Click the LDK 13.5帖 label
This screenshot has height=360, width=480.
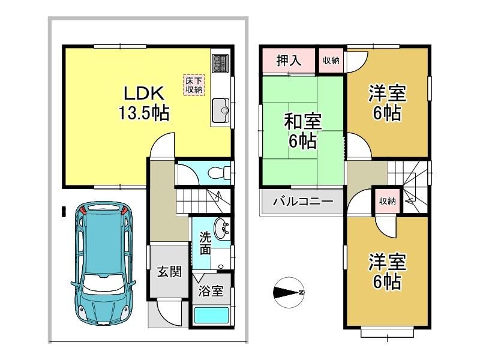(143, 103)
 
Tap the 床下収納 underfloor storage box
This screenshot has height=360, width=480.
(194, 85)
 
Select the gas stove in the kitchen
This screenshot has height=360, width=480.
(220, 63)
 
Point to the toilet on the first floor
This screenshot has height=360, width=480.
(220, 173)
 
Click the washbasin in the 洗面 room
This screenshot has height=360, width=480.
(221, 229)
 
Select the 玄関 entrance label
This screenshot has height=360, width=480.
(169, 271)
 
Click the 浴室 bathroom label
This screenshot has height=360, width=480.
(211, 290)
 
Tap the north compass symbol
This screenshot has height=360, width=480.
(288, 293)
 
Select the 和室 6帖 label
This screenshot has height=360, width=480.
(302, 131)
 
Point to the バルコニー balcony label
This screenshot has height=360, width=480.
(303, 202)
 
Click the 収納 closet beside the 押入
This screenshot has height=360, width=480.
(331, 61)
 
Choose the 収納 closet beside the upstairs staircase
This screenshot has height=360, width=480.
(387, 201)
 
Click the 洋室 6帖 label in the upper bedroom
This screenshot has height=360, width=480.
(387, 103)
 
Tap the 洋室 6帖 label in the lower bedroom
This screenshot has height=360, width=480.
(387, 271)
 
